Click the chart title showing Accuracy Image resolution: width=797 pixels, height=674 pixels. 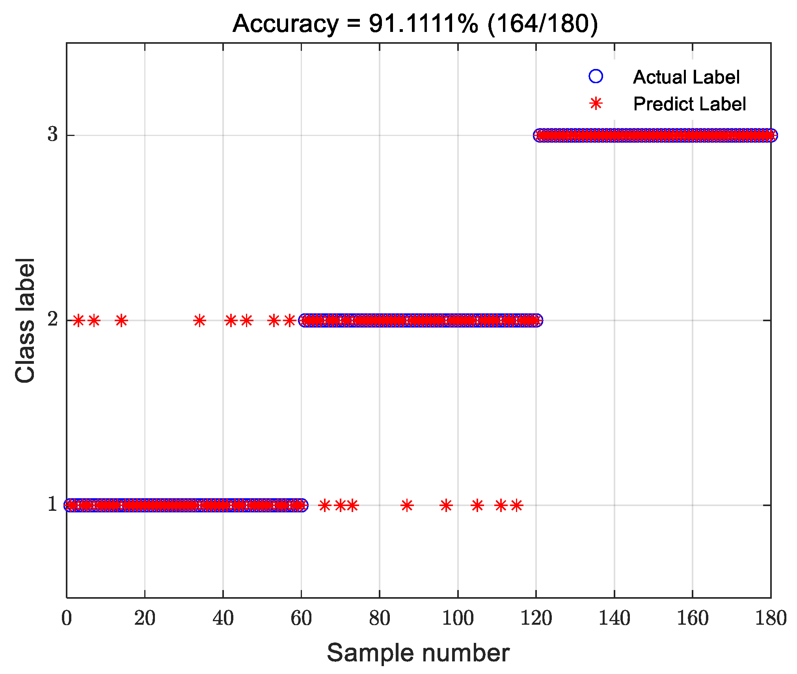415,24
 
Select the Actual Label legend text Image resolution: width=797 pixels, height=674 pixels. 686,77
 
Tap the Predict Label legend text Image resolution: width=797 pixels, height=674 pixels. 689,104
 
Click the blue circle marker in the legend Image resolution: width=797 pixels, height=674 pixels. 596,76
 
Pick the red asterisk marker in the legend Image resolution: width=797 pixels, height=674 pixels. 596,104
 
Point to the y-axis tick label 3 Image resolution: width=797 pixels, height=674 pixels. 52,134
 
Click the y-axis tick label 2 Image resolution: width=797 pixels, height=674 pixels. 52,319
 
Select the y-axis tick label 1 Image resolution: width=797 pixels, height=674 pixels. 52,504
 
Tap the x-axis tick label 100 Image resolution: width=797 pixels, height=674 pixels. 458,618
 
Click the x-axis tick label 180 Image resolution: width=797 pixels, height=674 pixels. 771,618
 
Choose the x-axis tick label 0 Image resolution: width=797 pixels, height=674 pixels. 67,618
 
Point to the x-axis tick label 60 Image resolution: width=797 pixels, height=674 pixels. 301,618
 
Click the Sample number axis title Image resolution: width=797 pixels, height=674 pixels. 418,652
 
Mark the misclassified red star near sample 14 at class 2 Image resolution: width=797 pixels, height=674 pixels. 121,320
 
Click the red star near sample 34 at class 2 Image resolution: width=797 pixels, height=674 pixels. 199,320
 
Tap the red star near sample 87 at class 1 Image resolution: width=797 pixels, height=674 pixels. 407,505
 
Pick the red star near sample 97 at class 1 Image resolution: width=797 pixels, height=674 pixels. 446,505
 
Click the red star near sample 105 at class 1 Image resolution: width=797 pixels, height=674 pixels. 477,505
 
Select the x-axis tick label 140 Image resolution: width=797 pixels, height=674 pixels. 614,618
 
